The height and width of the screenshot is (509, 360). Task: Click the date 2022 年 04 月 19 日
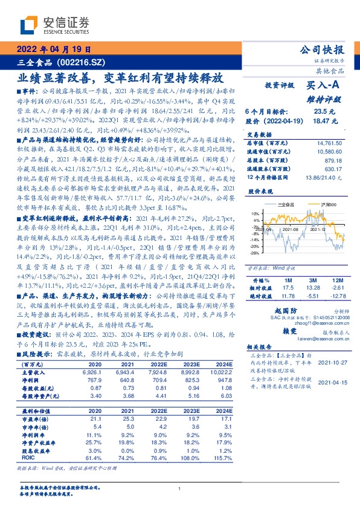coord(53,50)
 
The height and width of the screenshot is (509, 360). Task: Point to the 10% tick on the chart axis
coord(255,213)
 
